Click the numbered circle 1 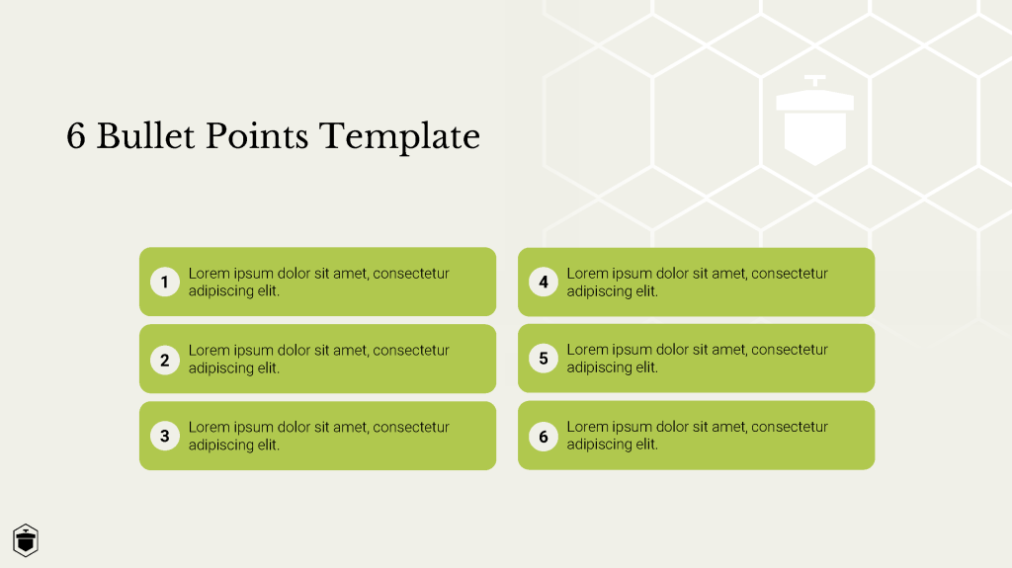click(165, 283)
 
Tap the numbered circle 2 click(165, 360)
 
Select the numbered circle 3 click(165, 436)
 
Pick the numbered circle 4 click(544, 283)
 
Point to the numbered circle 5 click(544, 359)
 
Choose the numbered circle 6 click(544, 437)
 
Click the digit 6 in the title click(76, 136)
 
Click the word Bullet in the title click(145, 136)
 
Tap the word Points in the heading click(257, 136)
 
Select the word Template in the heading click(400, 137)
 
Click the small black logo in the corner click(26, 540)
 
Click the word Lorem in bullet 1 click(209, 273)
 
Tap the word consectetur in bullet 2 click(411, 351)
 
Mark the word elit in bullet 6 click(646, 445)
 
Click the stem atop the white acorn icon click(815, 81)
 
